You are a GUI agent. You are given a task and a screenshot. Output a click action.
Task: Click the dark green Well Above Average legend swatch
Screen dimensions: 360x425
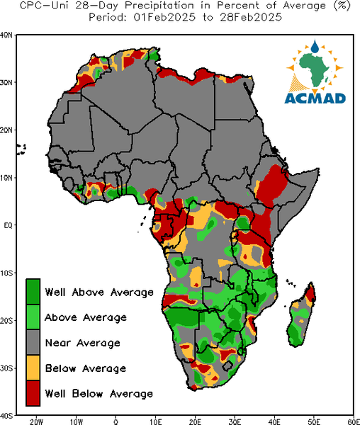pos(33,292)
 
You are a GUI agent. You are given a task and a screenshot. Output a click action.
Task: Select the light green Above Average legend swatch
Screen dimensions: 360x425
pos(33,317)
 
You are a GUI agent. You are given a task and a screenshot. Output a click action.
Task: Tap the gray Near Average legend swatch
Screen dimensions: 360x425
pos(33,342)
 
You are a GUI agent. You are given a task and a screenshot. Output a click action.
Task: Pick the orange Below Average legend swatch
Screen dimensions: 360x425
pos(33,368)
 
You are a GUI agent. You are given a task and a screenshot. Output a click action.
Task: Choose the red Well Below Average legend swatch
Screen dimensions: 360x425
pos(33,393)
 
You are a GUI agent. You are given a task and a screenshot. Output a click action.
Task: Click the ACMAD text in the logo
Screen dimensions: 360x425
pos(315,98)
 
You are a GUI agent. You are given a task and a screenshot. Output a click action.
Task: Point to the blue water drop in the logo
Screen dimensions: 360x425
pos(315,47)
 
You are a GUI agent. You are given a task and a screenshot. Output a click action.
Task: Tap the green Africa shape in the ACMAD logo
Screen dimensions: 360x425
pos(315,69)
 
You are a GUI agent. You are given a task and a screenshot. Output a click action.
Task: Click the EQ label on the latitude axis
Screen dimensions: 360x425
pos(8,225)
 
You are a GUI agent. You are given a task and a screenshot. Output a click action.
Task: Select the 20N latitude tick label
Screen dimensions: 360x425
pos(6,130)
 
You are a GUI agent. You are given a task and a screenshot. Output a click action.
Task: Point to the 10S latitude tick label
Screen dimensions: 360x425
pos(6,273)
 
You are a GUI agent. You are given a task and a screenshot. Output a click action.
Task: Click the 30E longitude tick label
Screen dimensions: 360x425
pos(235,421)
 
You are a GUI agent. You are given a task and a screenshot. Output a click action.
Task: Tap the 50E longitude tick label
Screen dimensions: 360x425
pos(314,421)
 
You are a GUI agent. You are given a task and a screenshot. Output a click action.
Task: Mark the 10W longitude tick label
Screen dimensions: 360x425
pos(76,421)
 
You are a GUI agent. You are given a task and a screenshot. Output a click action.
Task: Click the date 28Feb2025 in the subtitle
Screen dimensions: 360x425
pos(251,18)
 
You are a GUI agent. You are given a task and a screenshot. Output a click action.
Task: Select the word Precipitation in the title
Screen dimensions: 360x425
pos(159,6)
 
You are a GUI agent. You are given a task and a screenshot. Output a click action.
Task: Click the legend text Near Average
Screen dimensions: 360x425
pos(83,343)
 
